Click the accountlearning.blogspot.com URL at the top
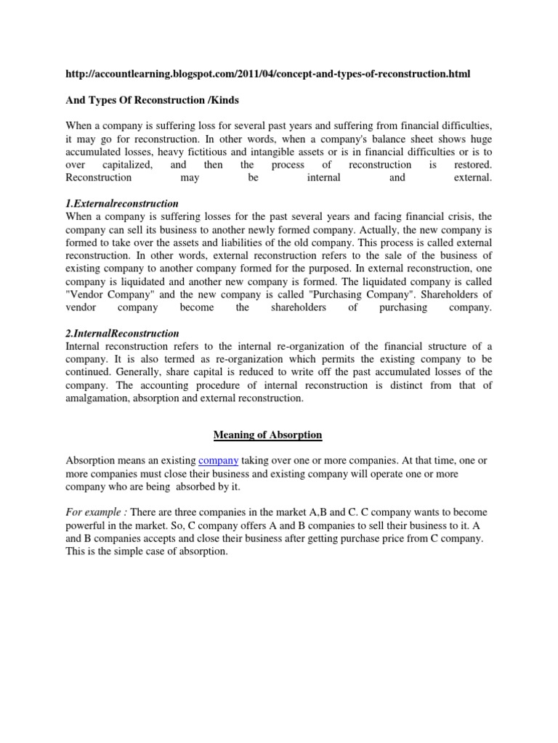point(267,75)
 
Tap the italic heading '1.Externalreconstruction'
point(122,203)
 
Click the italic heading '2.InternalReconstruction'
point(122,333)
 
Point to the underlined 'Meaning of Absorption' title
point(267,435)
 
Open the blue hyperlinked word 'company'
point(218,460)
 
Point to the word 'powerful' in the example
point(88,525)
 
